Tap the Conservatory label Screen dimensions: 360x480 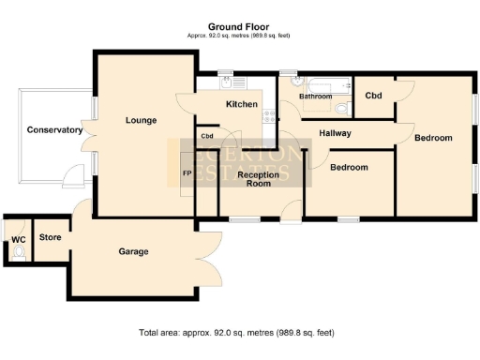click(x=55, y=130)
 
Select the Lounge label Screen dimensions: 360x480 click(x=142, y=120)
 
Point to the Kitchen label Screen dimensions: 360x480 click(x=242, y=105)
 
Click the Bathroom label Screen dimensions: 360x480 click(x=315, y=97)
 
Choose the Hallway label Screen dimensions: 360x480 click(x=335, y=133)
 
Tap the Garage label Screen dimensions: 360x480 click(x=133, y=251)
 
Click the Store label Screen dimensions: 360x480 click(x=50, y=238)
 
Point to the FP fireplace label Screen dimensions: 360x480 click(x=186, y=174)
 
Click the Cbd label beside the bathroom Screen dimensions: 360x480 click(x=373, y=96)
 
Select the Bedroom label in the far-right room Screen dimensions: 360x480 click(x=433, y=138)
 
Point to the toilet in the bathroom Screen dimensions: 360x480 click(x=342, y=110)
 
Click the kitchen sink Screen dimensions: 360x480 click(x=226, y=83)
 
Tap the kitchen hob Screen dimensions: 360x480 click(x=269, y=116)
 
